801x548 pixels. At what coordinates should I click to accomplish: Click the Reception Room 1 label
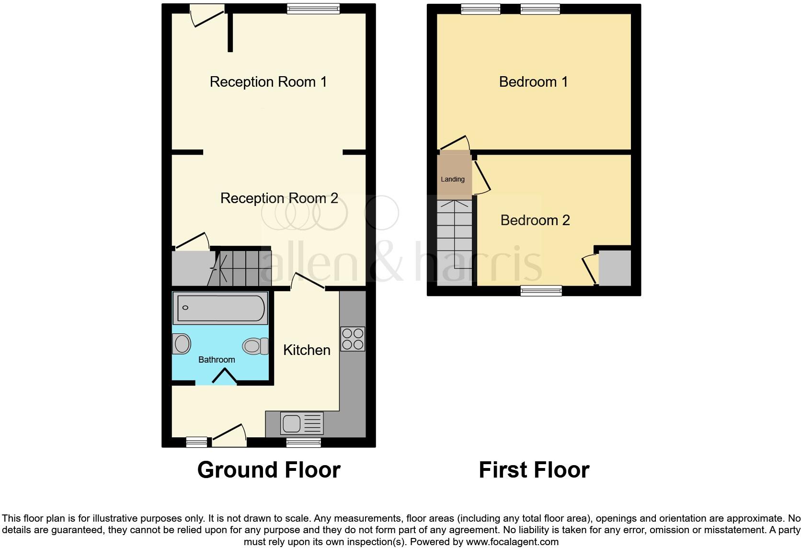coord(268,82)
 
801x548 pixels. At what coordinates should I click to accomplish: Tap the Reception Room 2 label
coord(279,198)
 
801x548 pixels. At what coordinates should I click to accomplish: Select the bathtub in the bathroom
coord(221,308)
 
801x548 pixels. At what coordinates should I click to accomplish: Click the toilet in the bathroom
coord(256,346)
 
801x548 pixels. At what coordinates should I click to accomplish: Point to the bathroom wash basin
coord(182,344)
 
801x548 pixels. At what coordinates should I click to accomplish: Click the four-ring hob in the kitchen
coord(353,339)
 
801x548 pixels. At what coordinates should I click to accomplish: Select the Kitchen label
coord(307,350)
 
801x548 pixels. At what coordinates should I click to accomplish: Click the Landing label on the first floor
coord(453,179)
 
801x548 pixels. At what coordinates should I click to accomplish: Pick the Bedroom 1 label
coord(533,82)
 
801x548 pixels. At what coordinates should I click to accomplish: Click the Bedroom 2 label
coord(535,220)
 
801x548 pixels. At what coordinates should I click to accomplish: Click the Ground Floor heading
coord(269,470)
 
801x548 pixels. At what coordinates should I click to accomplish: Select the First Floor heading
coord(534,470)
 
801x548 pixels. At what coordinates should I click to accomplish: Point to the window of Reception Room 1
coord(313,8)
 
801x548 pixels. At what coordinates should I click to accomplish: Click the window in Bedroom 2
coord(541,290)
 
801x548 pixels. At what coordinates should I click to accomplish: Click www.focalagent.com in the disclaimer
coord(511,542)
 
